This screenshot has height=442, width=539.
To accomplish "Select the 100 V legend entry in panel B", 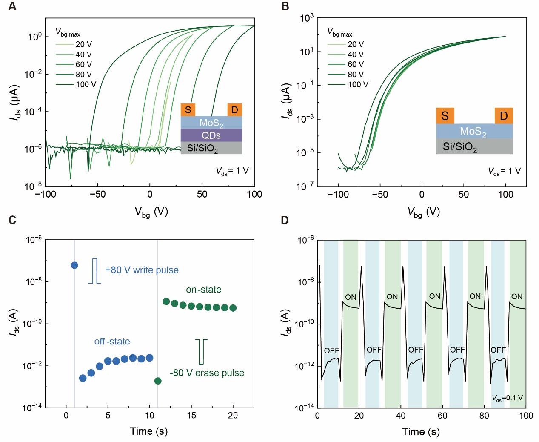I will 358,84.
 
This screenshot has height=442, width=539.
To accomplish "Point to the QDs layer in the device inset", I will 211,135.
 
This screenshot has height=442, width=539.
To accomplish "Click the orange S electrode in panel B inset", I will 445,115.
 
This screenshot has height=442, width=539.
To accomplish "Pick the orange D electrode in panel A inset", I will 234,110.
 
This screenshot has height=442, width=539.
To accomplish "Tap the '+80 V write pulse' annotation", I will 142,270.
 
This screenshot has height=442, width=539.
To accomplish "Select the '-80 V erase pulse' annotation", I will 207,373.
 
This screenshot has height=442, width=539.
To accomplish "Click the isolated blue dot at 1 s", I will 74,265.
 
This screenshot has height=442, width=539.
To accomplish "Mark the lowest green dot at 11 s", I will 158,381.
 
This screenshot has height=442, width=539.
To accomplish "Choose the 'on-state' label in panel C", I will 203,290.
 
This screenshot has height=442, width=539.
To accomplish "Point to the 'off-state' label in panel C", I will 112,342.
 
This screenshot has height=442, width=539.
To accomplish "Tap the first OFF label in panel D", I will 331,350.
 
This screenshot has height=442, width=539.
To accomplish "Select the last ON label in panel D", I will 516,297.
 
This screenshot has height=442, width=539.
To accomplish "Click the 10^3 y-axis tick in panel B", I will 307,18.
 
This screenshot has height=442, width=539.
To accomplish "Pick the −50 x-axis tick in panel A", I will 97,194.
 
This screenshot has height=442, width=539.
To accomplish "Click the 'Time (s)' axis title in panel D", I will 421,432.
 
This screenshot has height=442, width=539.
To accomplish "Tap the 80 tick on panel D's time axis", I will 485,416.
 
